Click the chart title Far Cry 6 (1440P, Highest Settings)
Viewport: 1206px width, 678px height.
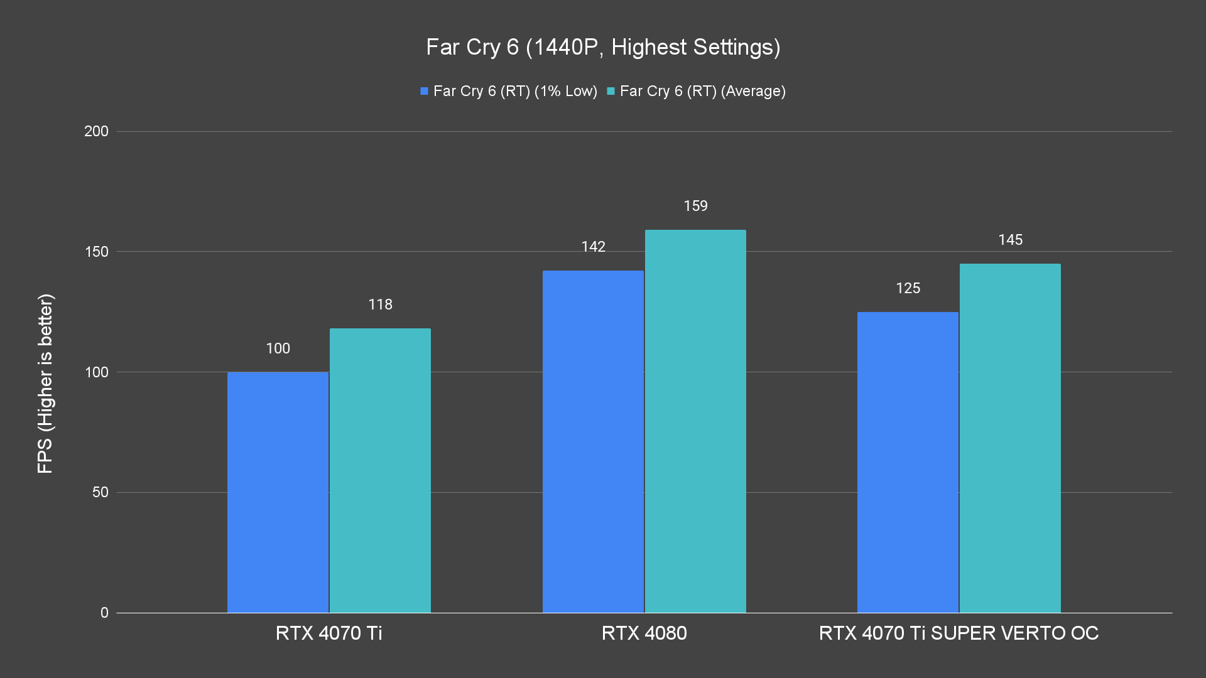[x=603, y=47]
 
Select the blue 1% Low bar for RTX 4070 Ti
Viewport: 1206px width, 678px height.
[x=278, y=492]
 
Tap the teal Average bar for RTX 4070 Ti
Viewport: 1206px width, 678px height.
[x=380, y=470]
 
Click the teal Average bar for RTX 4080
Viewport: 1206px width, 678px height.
[x=695, y=421]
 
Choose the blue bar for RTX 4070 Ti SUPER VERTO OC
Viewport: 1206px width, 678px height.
[x=908, y=462]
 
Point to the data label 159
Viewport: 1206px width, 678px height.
[x=695, y=206]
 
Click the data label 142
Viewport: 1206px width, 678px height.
[x=593, y=247]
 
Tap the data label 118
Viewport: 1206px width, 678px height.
[x=380, y=304]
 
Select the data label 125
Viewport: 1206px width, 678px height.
[x=908, y=288]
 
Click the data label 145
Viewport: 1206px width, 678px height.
[x=1010, y=240]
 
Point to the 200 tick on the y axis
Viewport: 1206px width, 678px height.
[x=96, y=131]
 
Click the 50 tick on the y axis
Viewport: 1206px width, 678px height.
[x=100, y=492]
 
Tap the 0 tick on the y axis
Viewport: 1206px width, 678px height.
[x=104, y=613]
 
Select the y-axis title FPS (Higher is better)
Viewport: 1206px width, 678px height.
[x=45, y=383]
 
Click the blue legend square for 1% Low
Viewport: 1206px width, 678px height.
[x=424, y=91]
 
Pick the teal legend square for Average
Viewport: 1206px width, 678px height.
[x=611, y=91]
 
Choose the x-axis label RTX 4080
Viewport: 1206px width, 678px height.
[x=644, y=633]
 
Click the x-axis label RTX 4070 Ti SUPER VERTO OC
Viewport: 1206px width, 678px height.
[x=959, y=633]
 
